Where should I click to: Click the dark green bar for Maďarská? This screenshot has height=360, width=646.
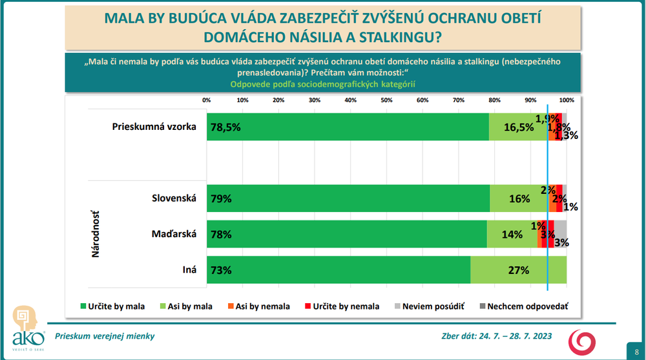[x=346, y=234]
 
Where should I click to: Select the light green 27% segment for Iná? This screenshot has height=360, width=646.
[x=518, y=270]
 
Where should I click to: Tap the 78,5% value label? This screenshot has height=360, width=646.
[x=225, y=127]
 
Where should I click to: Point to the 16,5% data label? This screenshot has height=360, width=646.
[x=518, y=127]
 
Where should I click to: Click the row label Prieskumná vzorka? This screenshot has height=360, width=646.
[x=154, y=127]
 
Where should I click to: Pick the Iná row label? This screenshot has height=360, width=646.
[x=189, y=270]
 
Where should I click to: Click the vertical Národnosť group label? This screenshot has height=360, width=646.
[x=95, y=234]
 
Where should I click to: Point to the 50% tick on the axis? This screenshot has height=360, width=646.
[x=386, y=100]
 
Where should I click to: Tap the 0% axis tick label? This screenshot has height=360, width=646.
[x=207, y=100]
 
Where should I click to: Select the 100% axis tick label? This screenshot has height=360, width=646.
[x=567, y=100]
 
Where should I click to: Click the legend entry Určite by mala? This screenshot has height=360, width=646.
[x=112, y=306]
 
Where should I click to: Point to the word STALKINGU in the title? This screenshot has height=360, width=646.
[x=395, y=37]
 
